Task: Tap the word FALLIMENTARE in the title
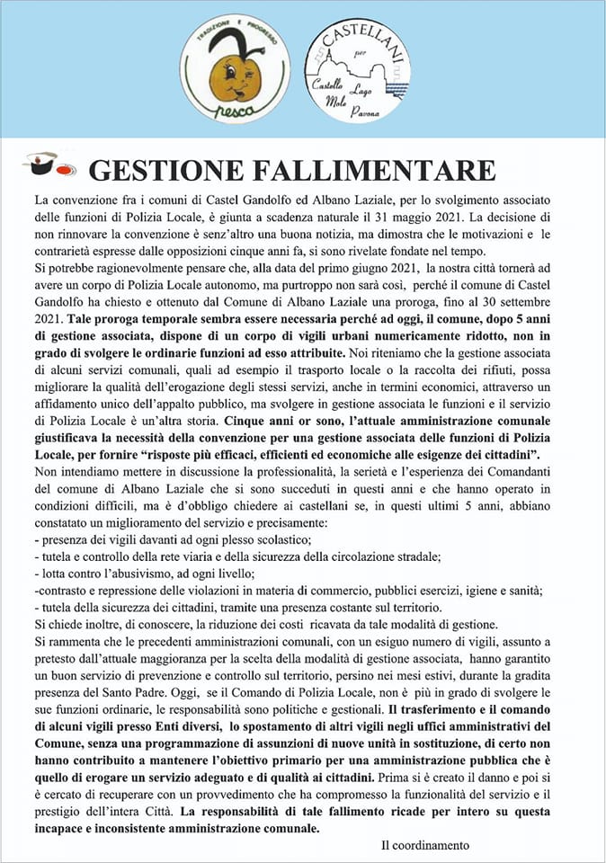[389, 170]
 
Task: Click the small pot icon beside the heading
[42, 165]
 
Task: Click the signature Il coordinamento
[425, 845]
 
